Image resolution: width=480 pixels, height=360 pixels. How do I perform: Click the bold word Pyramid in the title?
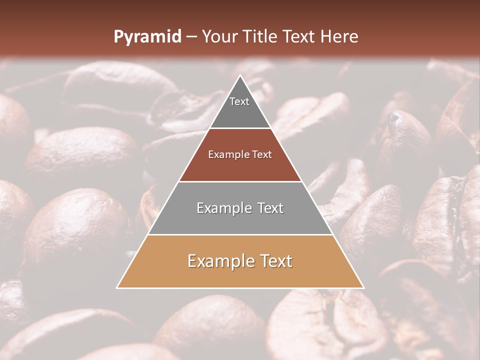point(147,37)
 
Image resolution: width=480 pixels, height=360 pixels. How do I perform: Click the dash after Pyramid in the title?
point(191,37)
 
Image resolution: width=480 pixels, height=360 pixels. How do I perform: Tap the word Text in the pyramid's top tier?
point(239,101)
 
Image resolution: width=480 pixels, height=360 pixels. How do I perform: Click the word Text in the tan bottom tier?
point(275,261)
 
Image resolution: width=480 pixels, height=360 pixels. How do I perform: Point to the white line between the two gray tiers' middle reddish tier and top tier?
point(240,128)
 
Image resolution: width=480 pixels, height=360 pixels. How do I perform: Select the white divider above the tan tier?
point(240,234)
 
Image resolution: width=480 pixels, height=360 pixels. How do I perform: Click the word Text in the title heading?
point(300,36)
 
